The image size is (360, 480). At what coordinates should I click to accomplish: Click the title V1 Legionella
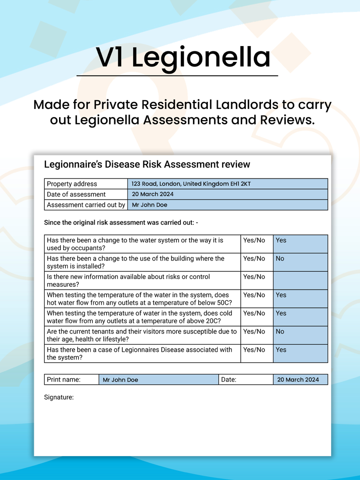[183, 58]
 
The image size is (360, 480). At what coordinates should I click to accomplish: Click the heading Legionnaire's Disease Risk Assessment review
[147, 164]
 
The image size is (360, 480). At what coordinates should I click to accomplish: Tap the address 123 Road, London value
[191, 184]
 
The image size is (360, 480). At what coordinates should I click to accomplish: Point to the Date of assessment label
[76, 194]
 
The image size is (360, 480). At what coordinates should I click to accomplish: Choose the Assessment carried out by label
[86, 205]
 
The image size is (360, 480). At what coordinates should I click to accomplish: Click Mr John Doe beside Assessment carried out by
[149, 205]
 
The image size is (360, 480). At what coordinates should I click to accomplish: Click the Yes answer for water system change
[281, 240]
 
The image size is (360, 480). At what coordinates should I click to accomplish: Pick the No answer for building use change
[280, 259]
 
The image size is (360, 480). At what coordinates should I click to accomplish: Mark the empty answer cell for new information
[300, 280]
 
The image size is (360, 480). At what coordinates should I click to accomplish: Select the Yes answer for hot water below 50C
[281, 295]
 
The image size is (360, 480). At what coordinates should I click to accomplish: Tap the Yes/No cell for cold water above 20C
[254, 313]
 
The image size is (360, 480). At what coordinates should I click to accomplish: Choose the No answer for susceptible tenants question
[280, 332]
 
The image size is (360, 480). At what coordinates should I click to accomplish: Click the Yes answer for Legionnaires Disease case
[281, 350]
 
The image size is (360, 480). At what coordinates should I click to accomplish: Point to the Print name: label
[64, 380]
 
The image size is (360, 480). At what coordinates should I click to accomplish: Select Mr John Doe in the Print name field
[120, 380]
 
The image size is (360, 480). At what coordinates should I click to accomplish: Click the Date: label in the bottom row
[229, 380]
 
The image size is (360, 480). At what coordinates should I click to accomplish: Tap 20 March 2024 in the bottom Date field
[298, 380]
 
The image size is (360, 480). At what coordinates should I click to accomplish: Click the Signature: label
[59, 397]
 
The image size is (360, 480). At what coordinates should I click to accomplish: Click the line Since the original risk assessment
[121, 222]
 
